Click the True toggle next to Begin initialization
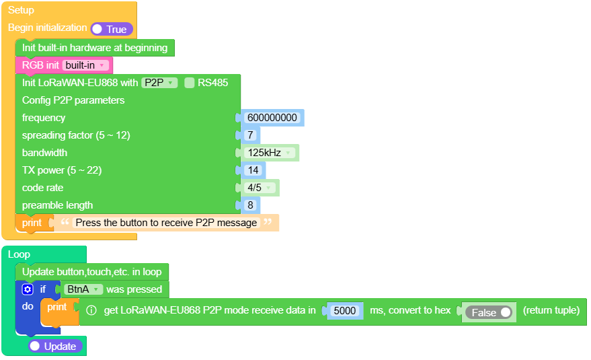[112, 29]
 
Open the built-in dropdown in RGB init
[85, 65]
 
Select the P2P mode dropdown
[159, 83]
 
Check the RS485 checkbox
[190, 83]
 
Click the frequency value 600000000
[272, 118]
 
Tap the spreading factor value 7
[250, 135]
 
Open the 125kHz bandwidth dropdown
[270, 153]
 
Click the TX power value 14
[253, 170]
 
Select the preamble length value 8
[250, 205]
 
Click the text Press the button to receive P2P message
[166, 223]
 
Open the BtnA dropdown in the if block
[83, 289]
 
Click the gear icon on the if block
[27, 289]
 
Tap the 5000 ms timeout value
[345, 311]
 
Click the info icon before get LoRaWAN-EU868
[91, 311]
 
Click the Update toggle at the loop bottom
[56, 346]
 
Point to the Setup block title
[21, 10]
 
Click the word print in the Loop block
[57, 307]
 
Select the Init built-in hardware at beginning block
[95, 48]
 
